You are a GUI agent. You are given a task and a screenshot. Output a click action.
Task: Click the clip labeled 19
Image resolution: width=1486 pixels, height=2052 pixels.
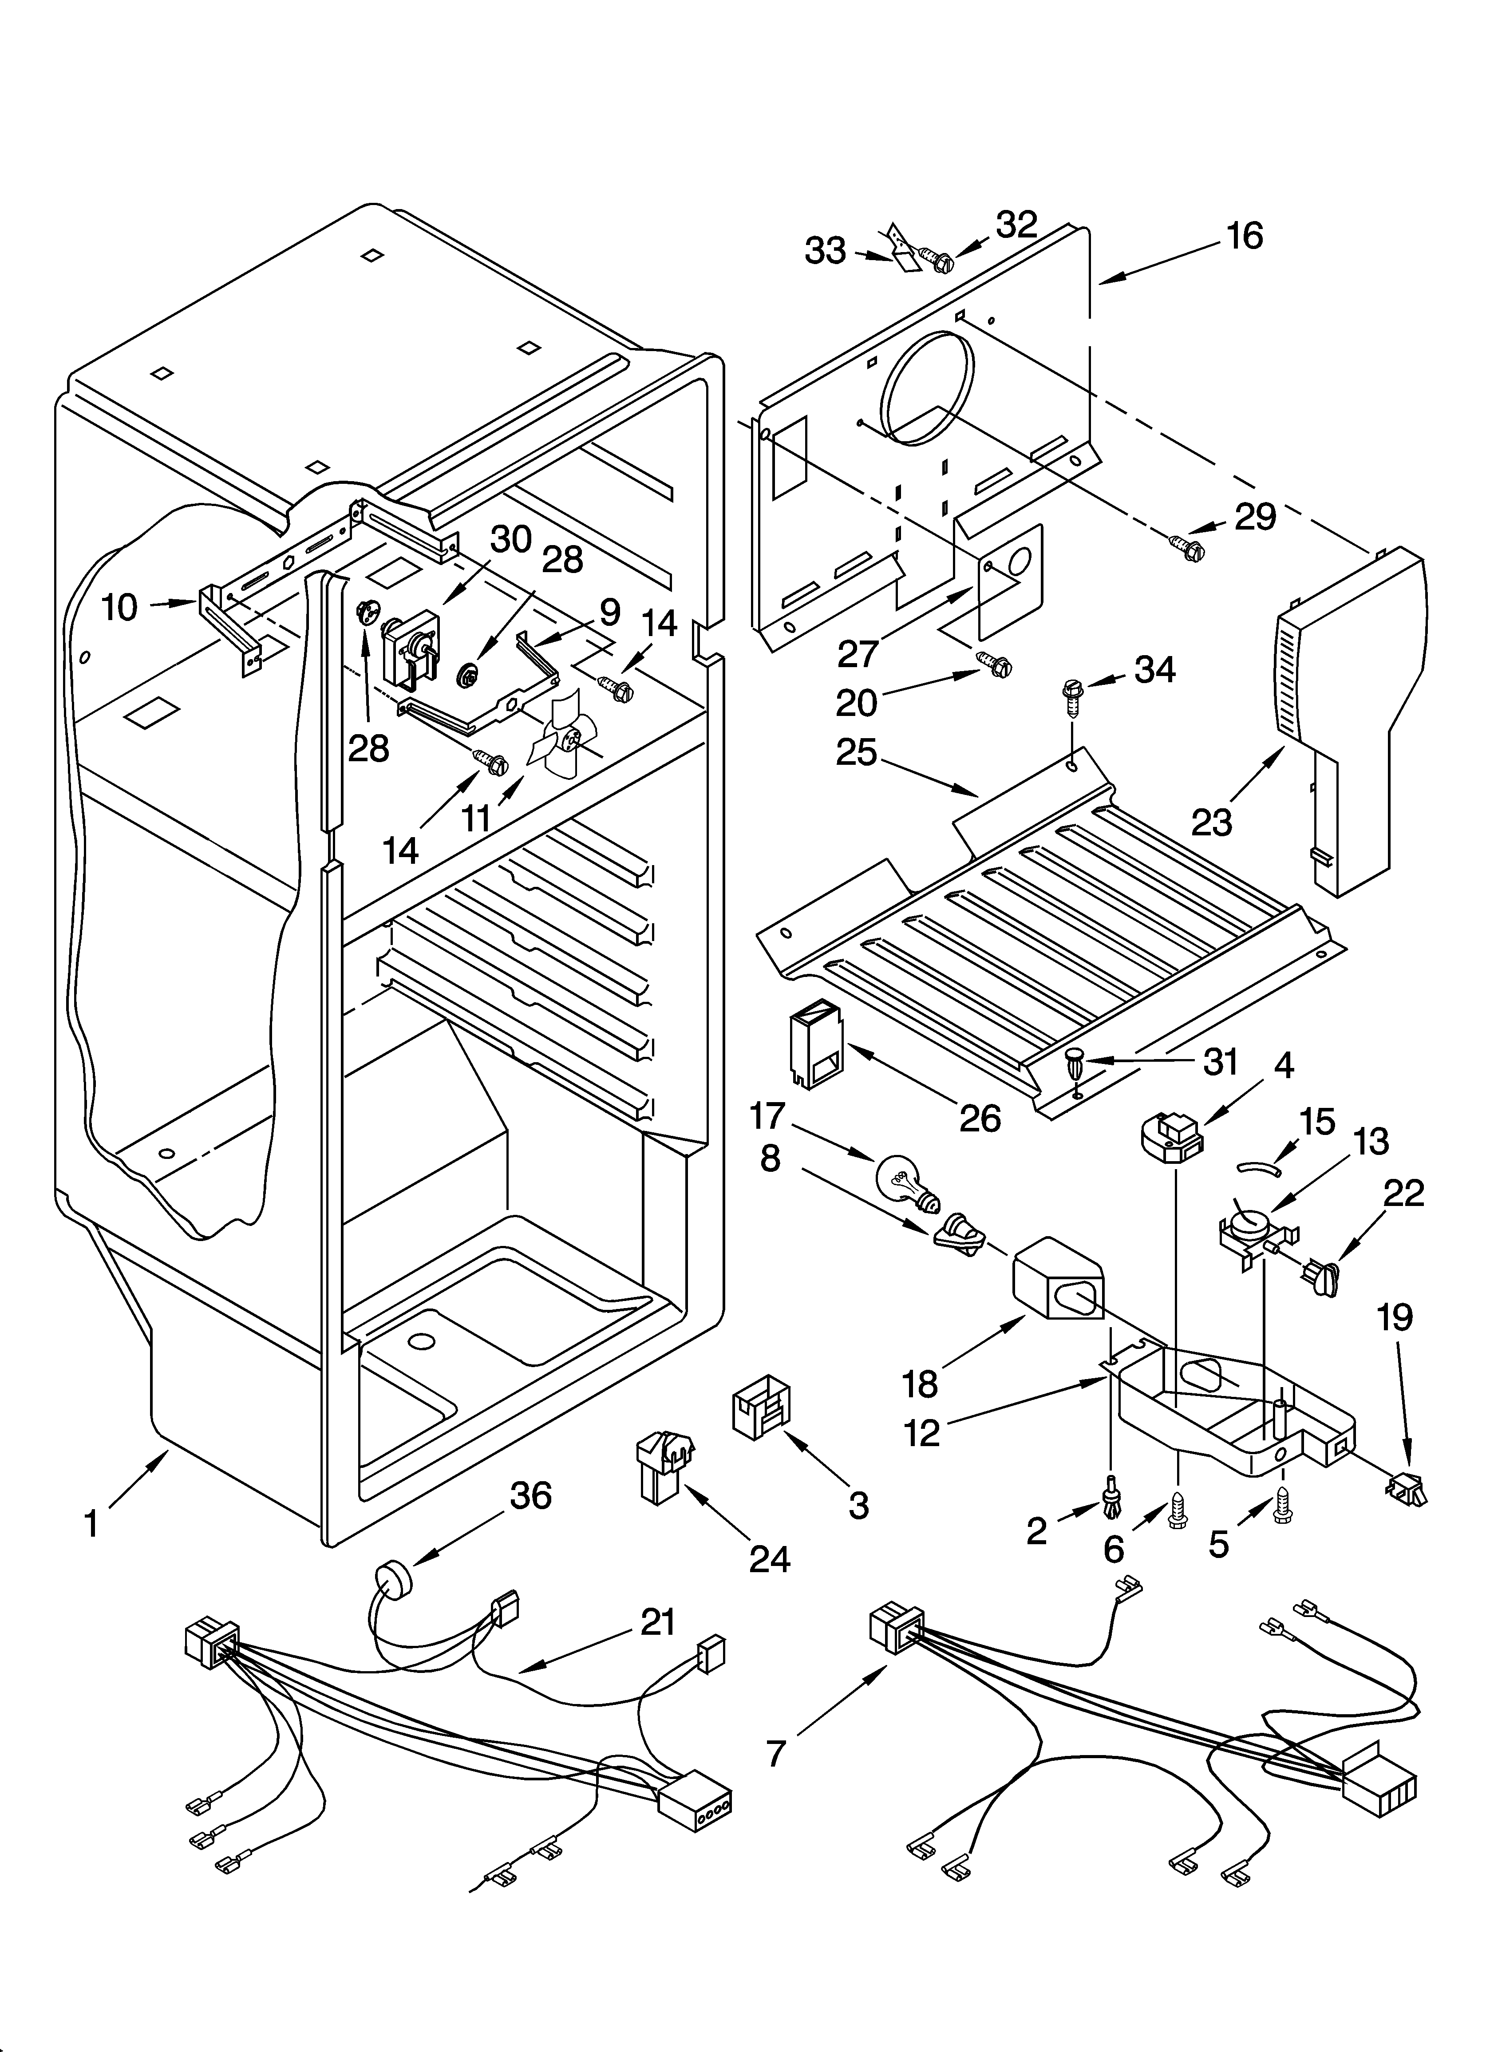click(1406, 1487)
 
